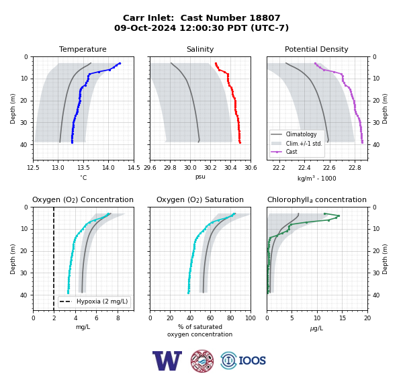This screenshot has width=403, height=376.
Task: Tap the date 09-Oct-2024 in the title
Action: [145, 28]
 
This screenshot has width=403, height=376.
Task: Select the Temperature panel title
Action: [83, 49]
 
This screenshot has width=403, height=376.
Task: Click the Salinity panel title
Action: [200, 49]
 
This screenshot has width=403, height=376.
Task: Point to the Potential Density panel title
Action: [316, 49]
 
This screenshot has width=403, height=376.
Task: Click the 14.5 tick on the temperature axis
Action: [134, 168]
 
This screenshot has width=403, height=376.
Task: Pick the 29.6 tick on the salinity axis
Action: [150, 168]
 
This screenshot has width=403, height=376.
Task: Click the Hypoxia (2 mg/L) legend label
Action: [102, 301]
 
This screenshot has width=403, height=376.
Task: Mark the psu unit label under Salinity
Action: [200, 177]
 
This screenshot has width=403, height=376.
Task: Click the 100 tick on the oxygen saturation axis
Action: [251, 318]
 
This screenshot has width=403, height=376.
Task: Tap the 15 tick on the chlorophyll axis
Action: [343, 318]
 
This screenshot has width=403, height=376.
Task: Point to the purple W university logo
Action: [167, 361]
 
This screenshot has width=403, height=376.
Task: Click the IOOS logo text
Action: [252, 361]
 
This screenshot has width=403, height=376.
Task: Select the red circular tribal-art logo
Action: [202, 361]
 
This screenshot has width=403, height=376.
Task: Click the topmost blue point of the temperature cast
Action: [120, 64]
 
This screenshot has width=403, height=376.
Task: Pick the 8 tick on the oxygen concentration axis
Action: [118, 318]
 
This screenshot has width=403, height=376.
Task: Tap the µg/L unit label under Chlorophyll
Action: [316, 328]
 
